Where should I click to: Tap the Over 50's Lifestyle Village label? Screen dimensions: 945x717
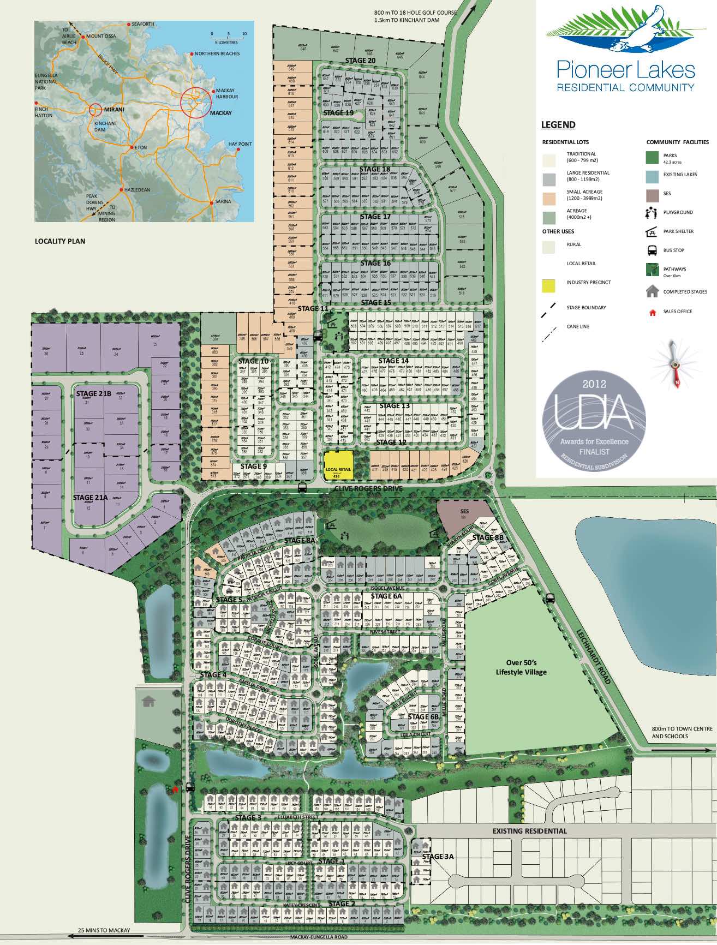(521, 667)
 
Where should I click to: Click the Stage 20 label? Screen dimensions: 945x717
(360, 60)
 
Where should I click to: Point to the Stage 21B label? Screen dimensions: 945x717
(93, 393)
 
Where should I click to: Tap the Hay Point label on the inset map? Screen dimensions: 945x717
(240, 144)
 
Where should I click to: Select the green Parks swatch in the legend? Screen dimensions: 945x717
(653, 157)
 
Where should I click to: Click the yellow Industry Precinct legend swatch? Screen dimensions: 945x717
(548, 285)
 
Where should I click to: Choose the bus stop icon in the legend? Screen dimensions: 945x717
(652, 250)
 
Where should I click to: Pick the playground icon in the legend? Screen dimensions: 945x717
(652, 212)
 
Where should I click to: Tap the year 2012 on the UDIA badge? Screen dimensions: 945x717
(594, 384)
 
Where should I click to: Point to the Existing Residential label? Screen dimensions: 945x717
(529, 831)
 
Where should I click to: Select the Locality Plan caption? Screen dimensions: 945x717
(60, 241)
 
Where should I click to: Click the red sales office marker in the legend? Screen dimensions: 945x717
(652, 312)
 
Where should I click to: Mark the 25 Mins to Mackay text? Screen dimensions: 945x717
(104, 930)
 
